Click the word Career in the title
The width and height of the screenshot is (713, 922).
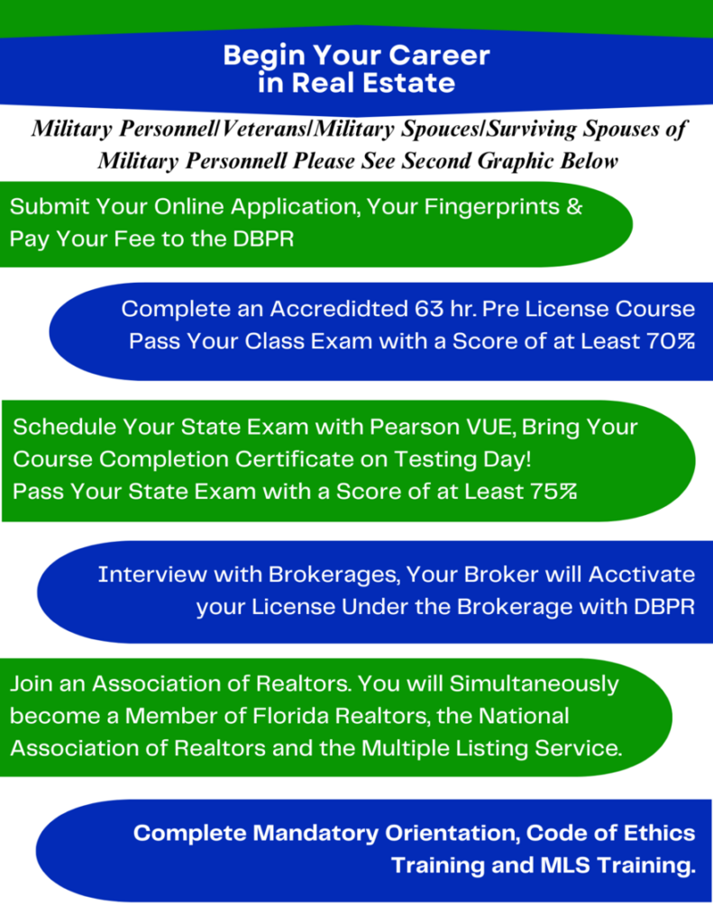click(439, 55)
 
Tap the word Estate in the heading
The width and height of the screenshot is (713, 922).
click(408, 82)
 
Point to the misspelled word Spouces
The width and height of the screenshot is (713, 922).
click(440, 130)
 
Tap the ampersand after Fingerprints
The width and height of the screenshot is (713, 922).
click(575, 206)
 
